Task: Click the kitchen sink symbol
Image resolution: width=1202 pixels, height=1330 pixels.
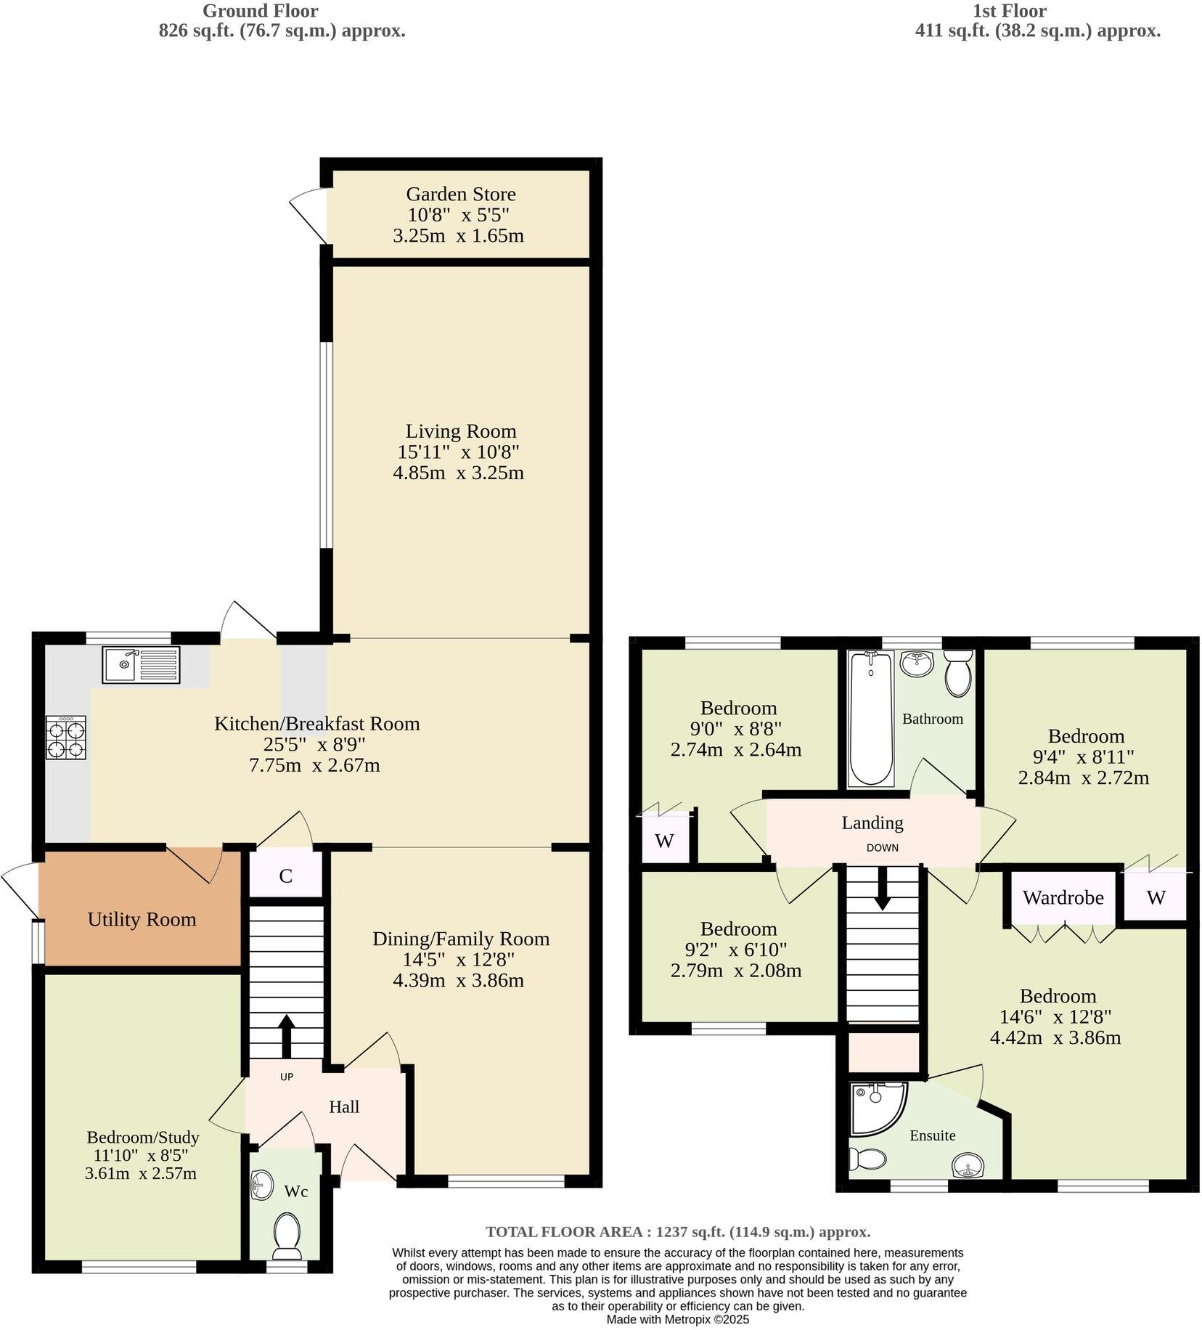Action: [x=141, y=665]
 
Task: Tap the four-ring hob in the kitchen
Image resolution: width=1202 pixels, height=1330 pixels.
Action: [x=66, y=738]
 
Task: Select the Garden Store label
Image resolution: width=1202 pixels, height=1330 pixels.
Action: [x=460, y=194]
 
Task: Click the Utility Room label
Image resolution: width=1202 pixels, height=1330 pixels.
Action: [x=142, y=919]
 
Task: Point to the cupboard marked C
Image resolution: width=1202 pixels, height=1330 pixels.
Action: [x=286, y=876]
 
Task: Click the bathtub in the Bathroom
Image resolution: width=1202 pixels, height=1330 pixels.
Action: [x=871, y=718]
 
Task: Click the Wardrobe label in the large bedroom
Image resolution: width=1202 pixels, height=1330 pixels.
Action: [x=1063, y=897]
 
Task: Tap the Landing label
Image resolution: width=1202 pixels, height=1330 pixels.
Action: [x=872, y=823]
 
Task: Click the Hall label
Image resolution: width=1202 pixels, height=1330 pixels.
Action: [x=344, y=1106]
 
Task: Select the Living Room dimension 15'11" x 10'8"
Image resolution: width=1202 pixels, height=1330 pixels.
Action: [x=458, y=452]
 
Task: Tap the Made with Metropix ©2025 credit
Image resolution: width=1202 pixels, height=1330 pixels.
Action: [x=677, y=1319]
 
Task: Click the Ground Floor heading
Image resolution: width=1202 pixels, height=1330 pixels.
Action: [x=260, y=11]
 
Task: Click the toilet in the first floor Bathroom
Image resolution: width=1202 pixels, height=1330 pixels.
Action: [x=959, y=673]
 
